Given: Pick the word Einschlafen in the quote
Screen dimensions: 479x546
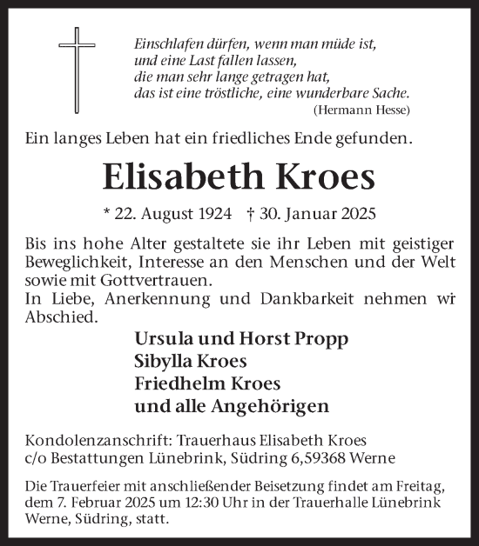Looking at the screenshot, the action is [169, 42].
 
